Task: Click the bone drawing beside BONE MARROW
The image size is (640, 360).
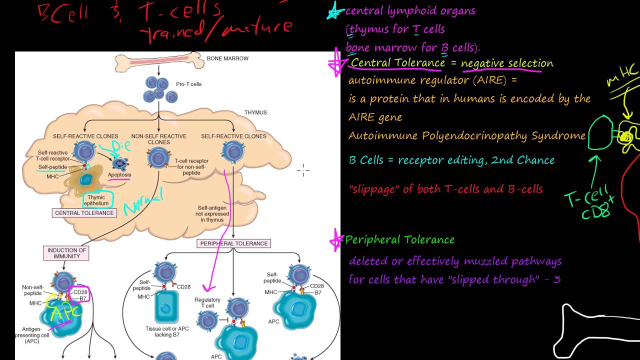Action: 158,62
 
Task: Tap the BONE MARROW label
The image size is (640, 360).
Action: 227,58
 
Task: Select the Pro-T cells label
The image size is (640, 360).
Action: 188,84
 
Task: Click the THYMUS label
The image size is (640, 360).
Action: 255,112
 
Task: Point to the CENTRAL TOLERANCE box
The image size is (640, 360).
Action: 84,213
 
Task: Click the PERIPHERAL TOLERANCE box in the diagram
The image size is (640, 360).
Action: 233,243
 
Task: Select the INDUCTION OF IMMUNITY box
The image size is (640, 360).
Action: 67,253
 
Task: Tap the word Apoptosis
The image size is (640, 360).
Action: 119,175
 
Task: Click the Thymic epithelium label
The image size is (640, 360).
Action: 96,200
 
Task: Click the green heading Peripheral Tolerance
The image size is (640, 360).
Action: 399,240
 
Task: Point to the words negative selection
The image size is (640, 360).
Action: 507,63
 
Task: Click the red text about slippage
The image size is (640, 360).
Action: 446,189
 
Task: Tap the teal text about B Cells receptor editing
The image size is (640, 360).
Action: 451,160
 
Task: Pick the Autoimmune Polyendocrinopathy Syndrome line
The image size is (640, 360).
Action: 466,136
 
